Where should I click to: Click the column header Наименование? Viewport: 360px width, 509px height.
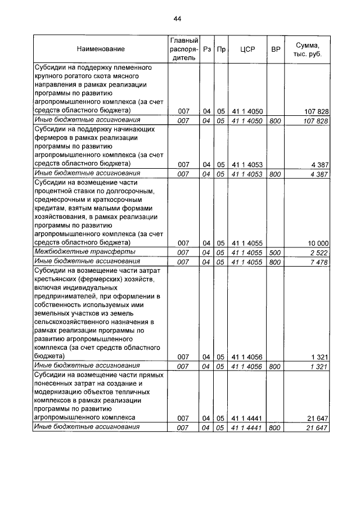point(101,49)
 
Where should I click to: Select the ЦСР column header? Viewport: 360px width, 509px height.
point(247,49)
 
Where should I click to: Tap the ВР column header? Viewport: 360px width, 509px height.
point(276,49)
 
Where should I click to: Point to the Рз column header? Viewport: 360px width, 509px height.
point(208,49)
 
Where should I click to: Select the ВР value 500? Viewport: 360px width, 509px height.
point(275,252)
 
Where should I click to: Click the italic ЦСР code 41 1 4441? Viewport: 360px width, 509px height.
point(247,428)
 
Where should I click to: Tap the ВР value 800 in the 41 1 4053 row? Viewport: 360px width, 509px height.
point(275,174)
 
